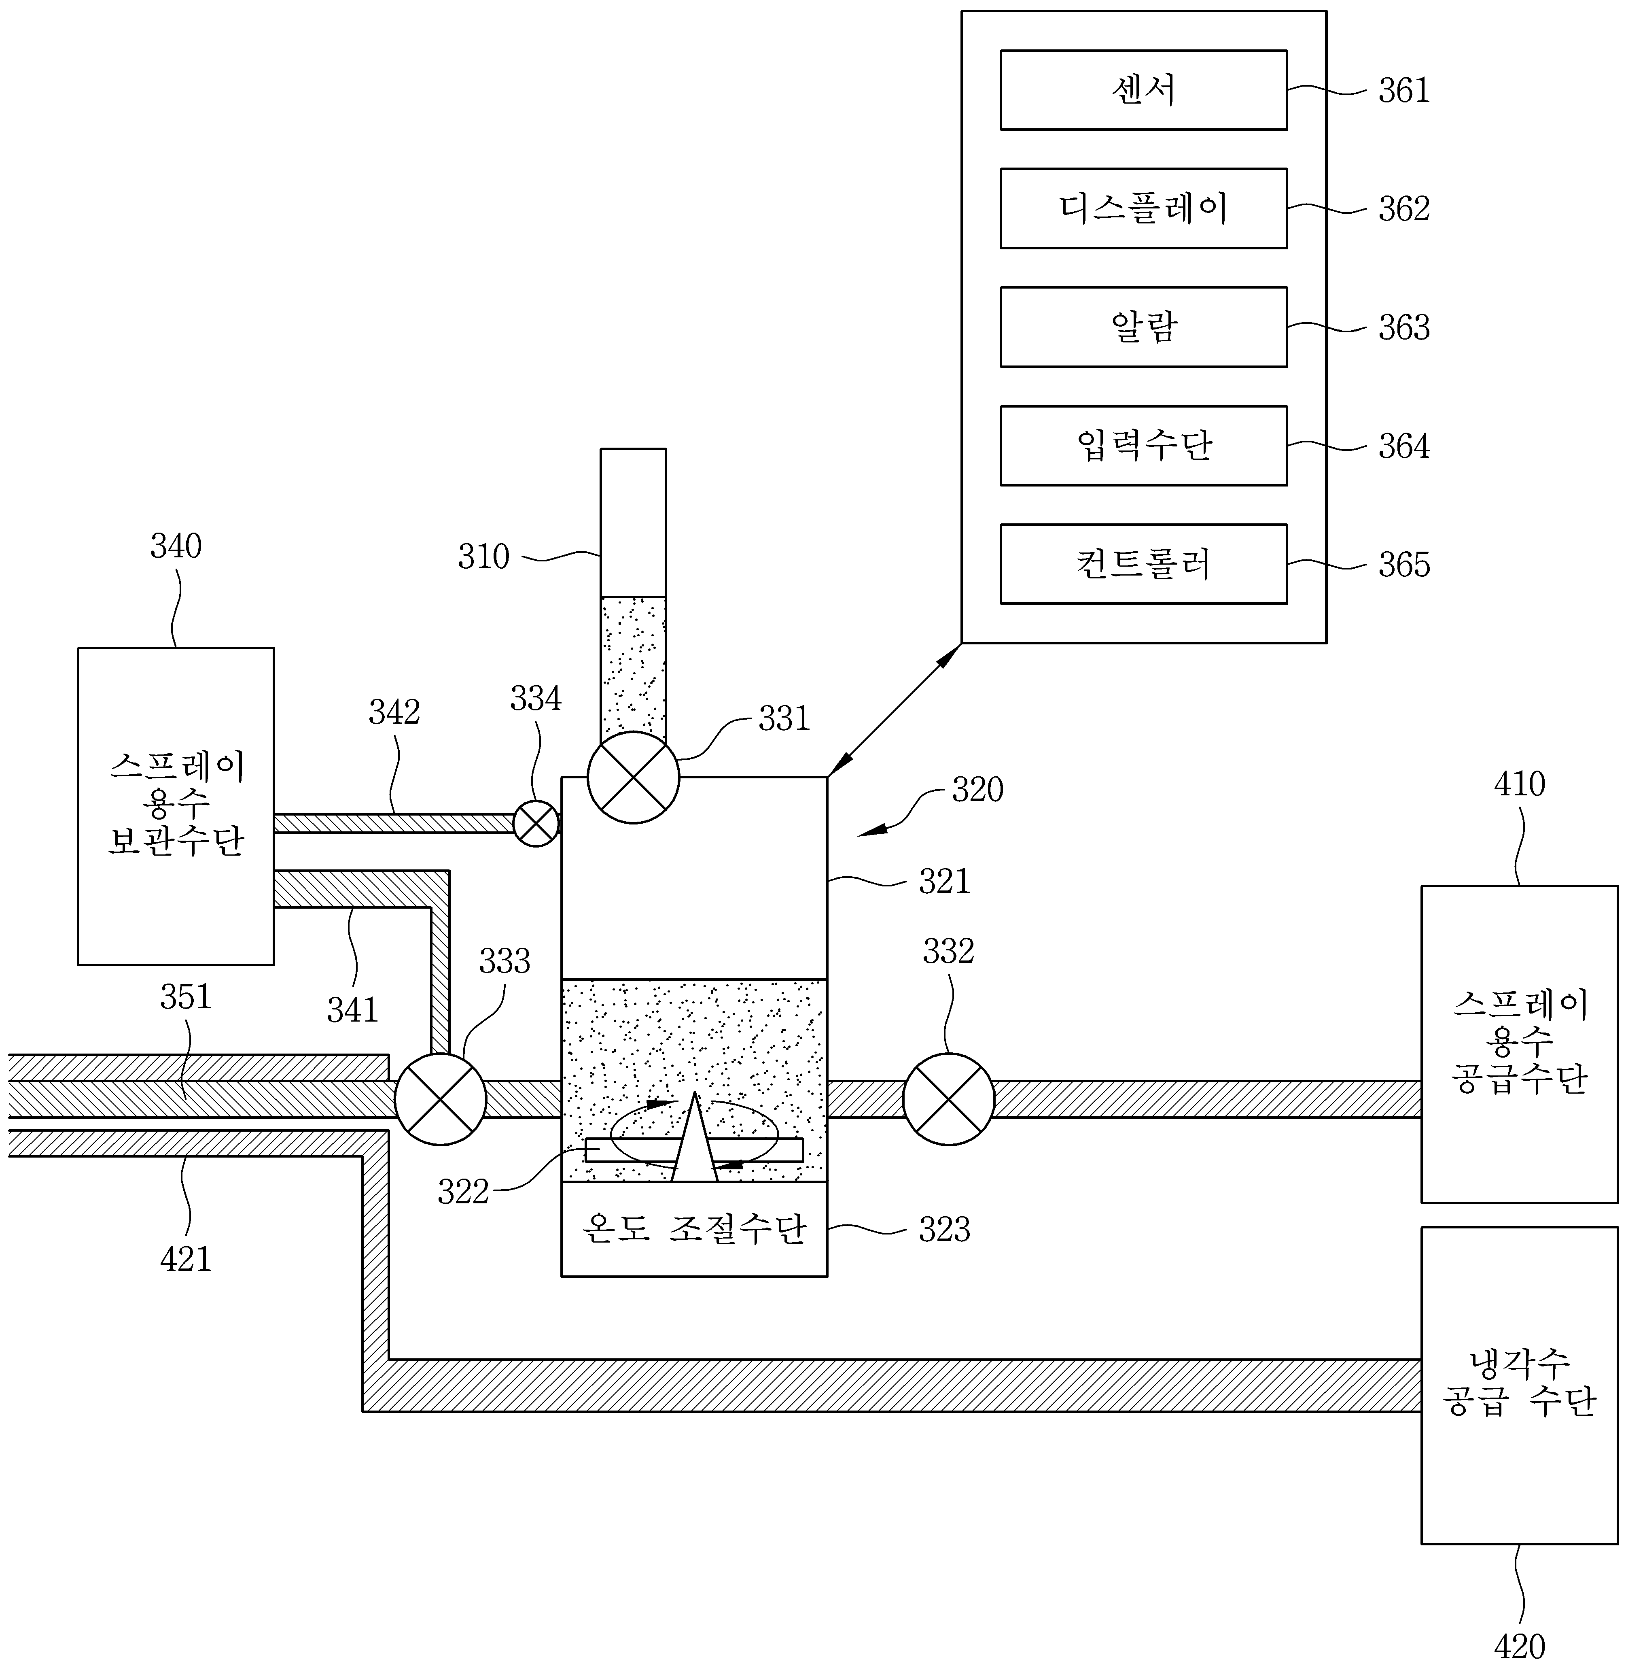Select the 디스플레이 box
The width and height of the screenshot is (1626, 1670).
pyautogui.click(x=1143, y=208)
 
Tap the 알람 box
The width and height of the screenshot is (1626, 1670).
pyautogui.click(x=1143, y=327)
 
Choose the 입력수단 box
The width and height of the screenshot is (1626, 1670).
pyautogui.click(x=1143, y=446)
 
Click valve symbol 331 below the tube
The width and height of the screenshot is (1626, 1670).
pyautogui.click(x=634, y=778)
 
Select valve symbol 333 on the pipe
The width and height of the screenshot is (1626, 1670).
pyautogui.click(x=441, y=1099)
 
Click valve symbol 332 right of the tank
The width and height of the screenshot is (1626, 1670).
pyautogui.click(x=949, y=1099)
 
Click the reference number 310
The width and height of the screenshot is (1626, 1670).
pyautogui.click(x=483, y=557)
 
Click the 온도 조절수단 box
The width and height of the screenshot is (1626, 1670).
pyautogui.click(x=694, y=1229)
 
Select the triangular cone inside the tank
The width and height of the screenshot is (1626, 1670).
pyautogui.click(x=694, y=1137)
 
